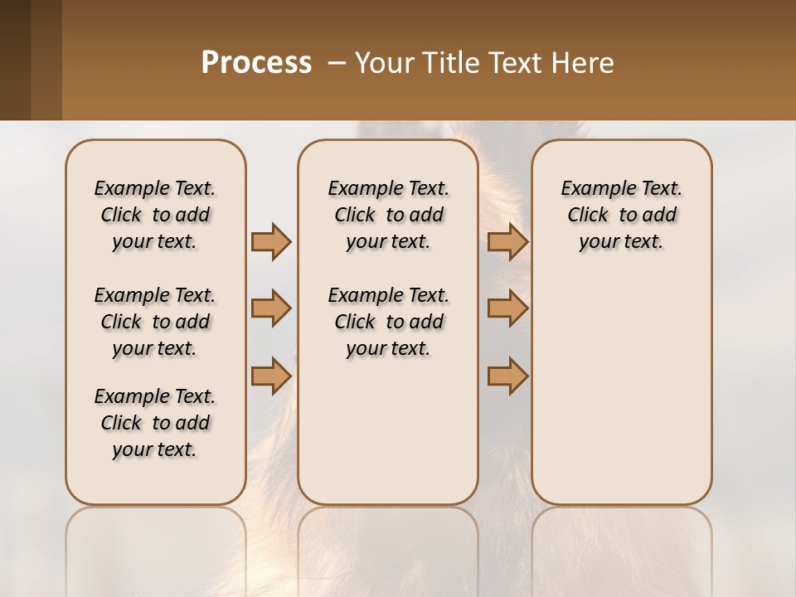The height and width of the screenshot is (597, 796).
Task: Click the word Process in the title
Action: tap(256, 62)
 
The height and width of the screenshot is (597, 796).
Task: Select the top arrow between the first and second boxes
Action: tap(271, 241)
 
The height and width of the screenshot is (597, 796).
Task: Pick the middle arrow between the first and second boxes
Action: tap(271, 308)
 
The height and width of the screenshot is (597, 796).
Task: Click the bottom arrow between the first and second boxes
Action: tap(271, 376)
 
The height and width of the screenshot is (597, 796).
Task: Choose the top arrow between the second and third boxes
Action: tap(507, 241)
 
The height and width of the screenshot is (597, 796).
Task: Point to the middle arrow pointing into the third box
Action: tap(507, 308)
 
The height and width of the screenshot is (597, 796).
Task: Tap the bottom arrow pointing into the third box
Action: tap(507, 376)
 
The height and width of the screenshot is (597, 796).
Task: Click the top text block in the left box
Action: tap(155, 215)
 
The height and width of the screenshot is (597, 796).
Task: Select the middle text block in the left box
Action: tap(155, 322)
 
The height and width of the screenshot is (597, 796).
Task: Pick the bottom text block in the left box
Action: tap(155, 423)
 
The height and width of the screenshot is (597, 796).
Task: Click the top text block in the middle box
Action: tap(388, 215)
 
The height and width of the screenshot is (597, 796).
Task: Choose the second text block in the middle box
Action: tap(388, 322)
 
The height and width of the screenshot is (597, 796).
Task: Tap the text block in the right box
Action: tap(622, 215)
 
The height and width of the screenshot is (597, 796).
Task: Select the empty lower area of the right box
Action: tap(622, 390)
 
